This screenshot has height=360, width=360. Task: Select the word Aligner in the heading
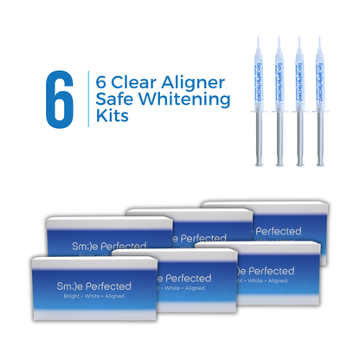click(198, 82)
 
